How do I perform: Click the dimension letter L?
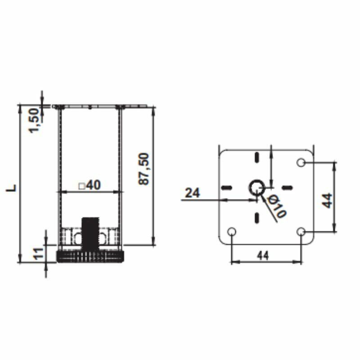(13, 187)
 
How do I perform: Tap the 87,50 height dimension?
(144, 168)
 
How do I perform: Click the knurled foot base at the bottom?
(90, 256)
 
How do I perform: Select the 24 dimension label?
(192, 193)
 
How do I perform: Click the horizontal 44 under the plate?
(263, 255)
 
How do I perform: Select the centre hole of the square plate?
(257, 187)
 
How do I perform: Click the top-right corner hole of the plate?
(301, 162)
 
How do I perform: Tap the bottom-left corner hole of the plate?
(231, 232)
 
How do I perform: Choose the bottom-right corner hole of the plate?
(301, 232)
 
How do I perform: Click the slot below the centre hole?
(256, 218)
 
